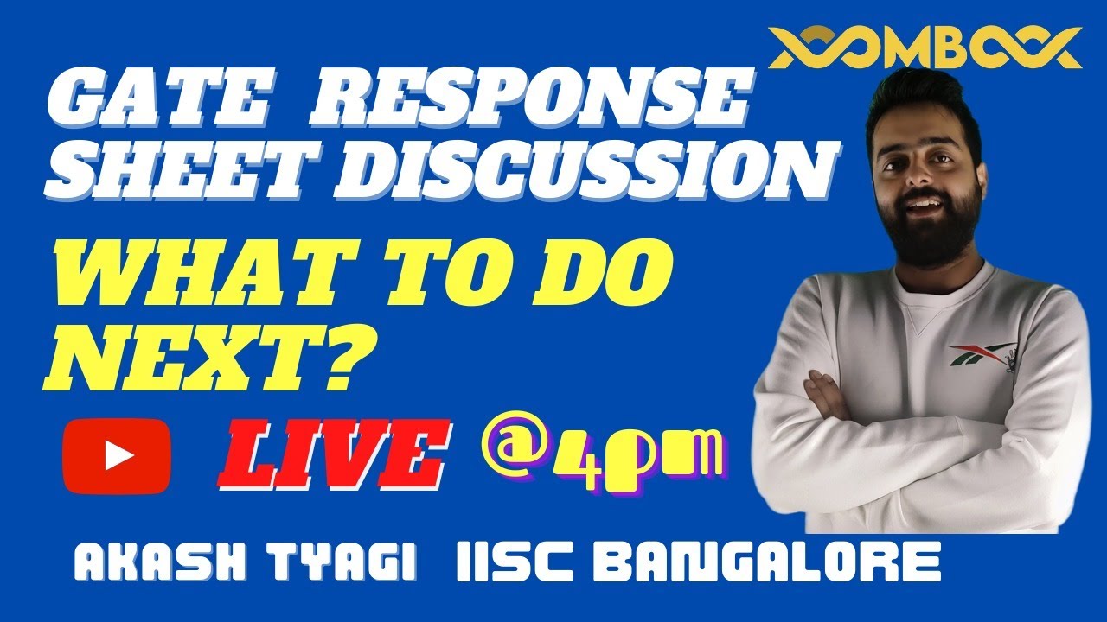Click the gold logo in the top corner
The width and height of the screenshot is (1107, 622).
click(x=925, y=48)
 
